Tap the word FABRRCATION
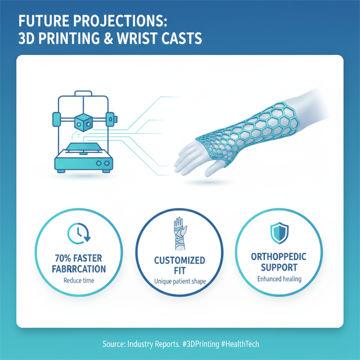click(x=79, y=269)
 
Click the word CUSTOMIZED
click(x=180, y=261)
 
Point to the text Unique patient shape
click(x=180, y=282)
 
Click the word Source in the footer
click(x=113, y=344)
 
